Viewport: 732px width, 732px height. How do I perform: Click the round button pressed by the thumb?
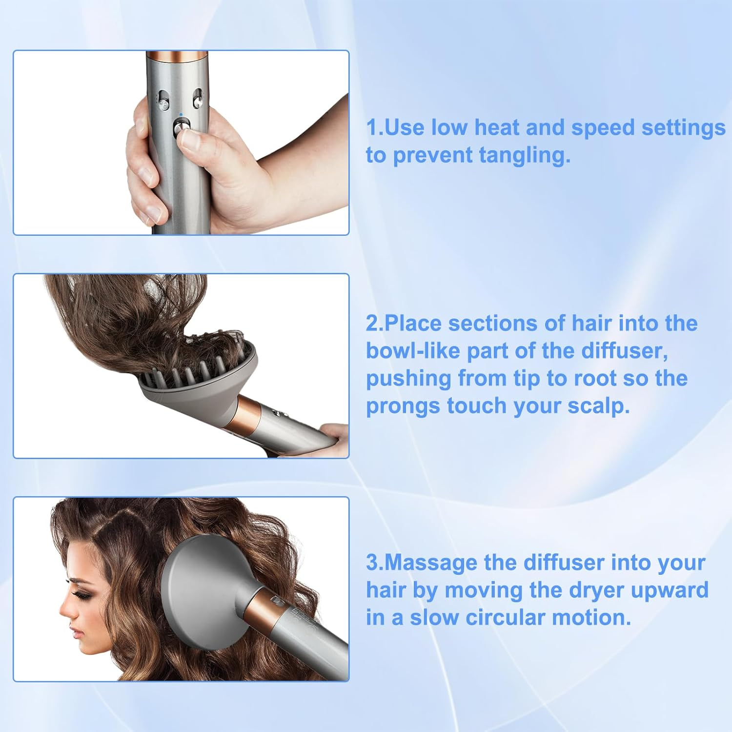pos(181,128)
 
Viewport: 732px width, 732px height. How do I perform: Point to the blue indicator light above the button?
pos(181,115)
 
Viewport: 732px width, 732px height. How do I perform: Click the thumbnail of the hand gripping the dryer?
pos(181,142)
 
